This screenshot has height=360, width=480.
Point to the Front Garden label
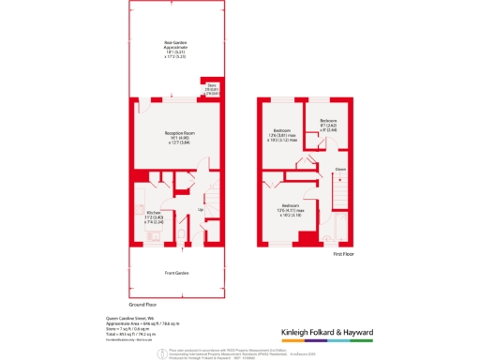coord(175,274)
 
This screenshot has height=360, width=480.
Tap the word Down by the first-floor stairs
coord(341,170)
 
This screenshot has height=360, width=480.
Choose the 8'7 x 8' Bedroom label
coord(328,125)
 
